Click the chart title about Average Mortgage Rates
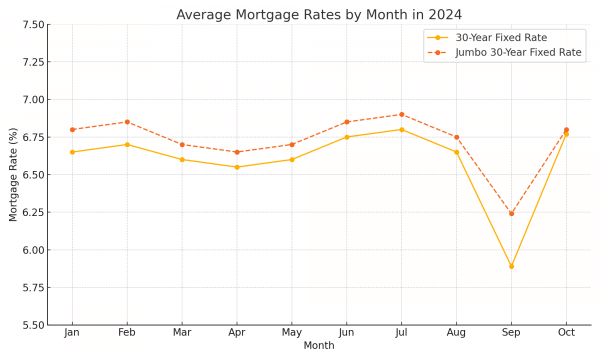click(319, 14)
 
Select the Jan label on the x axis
click(72, 332)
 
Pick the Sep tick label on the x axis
click(511, 332)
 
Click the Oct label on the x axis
click(566, 332)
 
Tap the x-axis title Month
click(319, 346)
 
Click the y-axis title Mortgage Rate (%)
click(13, 175)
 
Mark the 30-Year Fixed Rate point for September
click(511, 266)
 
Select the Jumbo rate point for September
click(511, 213)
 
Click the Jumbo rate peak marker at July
click(401, 114)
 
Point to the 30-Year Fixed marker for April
click(237, 167)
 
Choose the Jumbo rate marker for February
click(127, 122)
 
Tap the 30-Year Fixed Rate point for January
click(72, 152)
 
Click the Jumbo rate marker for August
click(456, 137)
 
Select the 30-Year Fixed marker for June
click(347, 137)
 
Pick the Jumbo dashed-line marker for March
click(182, 144)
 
